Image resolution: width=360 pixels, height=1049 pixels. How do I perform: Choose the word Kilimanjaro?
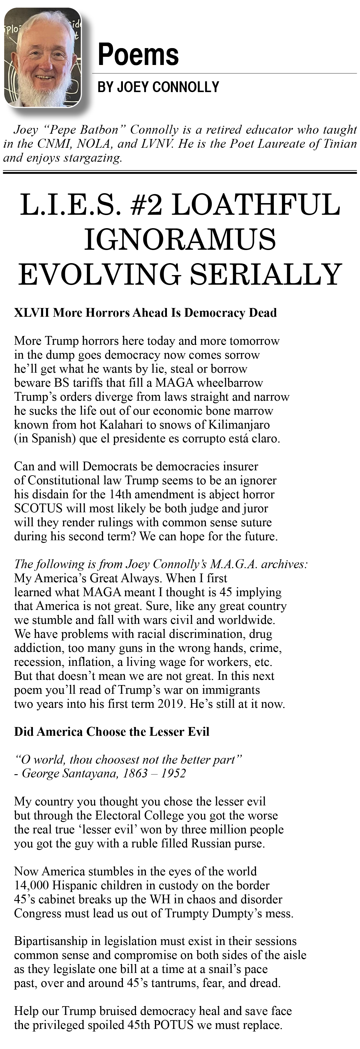[x=239, y=425]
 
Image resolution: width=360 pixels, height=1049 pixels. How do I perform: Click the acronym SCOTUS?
[x=38, y=508]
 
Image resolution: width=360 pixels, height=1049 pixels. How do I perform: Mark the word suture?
[x=257, y=522]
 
